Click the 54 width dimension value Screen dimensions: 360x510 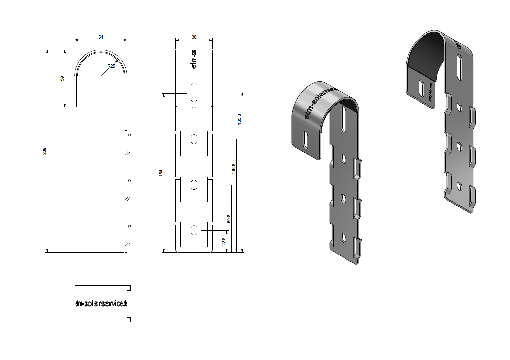coord(101,37)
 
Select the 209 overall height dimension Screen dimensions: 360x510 coord(44,151)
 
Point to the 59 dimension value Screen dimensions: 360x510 coord(62,78)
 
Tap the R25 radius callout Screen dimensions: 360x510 coord(111,66)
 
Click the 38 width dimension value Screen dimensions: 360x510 coord(194,37)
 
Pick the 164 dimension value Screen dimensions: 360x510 coord(161,173)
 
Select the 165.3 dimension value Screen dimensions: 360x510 coord(239,119)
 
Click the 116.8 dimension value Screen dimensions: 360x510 coord(233,169)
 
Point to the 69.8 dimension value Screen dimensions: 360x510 coord(229,219)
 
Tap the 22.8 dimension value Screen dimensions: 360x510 coord(224,241)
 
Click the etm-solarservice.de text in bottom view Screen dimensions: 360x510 coord(101,303)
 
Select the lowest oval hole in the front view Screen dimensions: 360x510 coord(194,230)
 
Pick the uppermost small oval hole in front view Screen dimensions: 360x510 coord(194,139)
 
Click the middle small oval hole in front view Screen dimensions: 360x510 coord(194,185)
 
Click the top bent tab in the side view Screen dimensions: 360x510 coord(128,144)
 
